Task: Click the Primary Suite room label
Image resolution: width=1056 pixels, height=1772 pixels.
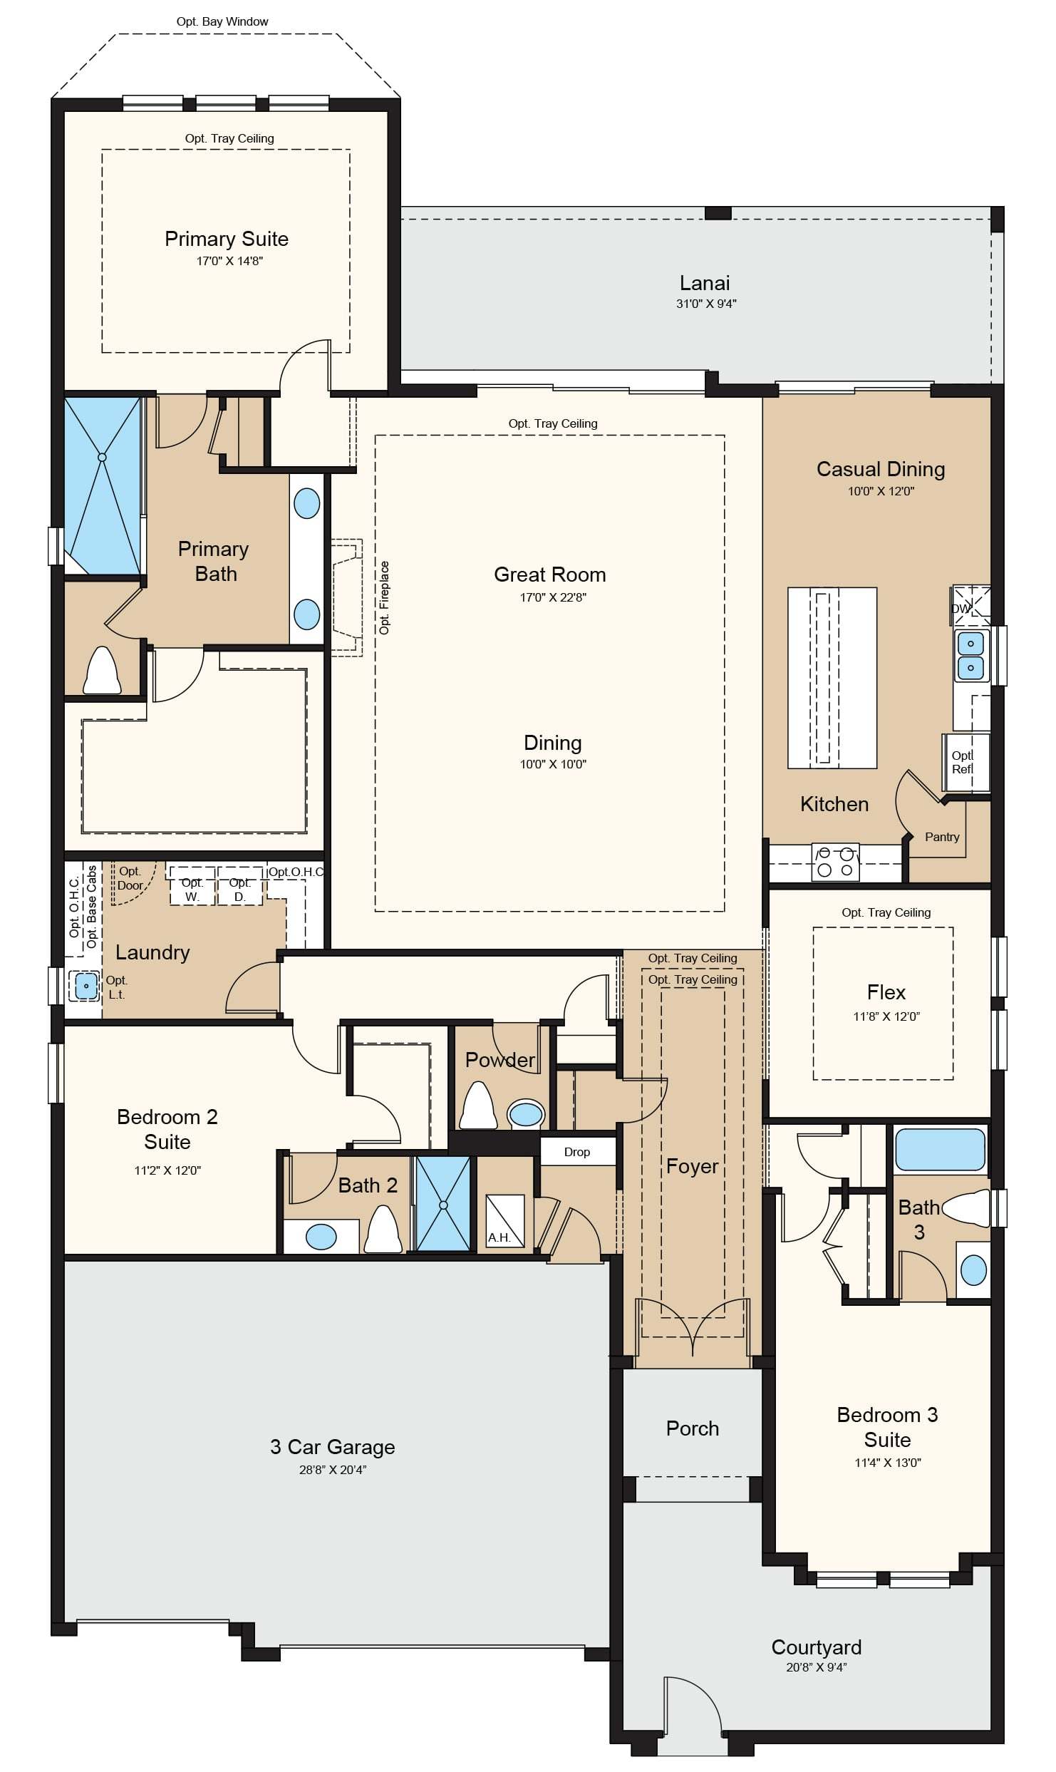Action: (227, 239)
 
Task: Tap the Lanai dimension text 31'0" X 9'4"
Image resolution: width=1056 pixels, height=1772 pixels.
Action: (706, 304)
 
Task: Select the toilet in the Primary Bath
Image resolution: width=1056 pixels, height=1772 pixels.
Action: (102, 670)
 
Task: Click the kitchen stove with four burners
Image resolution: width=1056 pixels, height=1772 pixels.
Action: (835, 862)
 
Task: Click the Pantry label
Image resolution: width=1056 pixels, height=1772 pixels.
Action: (942, 837)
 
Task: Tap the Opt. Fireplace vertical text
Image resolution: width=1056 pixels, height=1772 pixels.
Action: (385, 597)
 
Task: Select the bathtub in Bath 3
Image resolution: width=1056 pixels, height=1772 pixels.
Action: (940, 1148)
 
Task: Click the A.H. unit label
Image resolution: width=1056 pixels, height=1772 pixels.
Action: (499, 1237)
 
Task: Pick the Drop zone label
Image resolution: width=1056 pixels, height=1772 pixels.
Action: (577, 1152)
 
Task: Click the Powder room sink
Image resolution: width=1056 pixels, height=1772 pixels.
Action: (526, 1114)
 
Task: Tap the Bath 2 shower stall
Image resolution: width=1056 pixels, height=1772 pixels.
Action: (443, 1204)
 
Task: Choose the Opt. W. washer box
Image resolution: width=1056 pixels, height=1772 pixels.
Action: (192, 886)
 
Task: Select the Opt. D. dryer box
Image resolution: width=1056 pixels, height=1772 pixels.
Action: (240, 886)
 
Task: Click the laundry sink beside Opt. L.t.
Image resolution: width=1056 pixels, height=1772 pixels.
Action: (86, 987)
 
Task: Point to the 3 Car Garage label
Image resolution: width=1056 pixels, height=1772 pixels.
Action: (332, 1447)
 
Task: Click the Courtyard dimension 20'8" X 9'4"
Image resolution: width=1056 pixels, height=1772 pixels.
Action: (817, 1667)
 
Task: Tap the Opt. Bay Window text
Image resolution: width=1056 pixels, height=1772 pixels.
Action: (222, 21)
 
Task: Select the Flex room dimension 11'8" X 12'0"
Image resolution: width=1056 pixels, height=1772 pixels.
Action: (886, 1016)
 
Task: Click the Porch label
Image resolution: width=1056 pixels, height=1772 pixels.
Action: (693, 1428)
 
